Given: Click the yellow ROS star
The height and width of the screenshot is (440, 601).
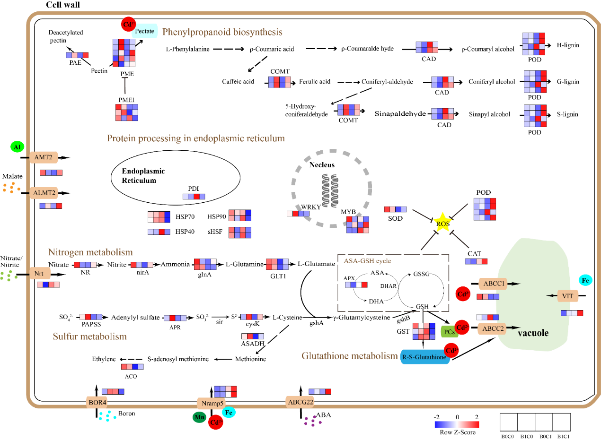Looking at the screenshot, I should click(x=443, y=224).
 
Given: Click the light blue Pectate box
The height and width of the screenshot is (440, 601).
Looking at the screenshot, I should click(x=144, y=31).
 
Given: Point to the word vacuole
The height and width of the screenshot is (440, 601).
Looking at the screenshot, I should click(x=533, y=333).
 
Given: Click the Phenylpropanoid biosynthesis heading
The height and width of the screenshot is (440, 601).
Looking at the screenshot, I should click(x=222, y=32).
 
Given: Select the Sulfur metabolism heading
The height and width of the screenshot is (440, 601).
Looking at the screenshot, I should click(x=90, y=336).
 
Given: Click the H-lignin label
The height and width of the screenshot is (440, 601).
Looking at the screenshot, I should click(x=568, y=45).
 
